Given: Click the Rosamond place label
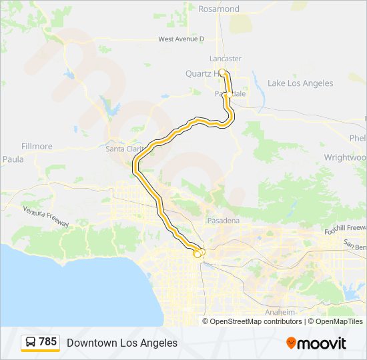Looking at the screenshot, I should click(219, 9).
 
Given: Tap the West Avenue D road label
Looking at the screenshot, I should click(181, 39).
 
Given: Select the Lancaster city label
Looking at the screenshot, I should click(224, 58).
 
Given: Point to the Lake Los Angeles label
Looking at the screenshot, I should click(300, 83).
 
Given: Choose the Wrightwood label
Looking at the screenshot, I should click(345, 157).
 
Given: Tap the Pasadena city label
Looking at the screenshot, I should click(222, 220).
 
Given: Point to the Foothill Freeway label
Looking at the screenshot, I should click(346, 229).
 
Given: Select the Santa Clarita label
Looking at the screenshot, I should click(122, 149).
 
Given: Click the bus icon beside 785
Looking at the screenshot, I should click(31, 343).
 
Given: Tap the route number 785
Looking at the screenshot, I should click(48, 342).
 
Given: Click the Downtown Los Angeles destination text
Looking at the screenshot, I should click(122, 343).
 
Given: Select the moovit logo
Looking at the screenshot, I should click(316, 343).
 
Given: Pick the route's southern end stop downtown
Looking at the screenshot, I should click(197, 253).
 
